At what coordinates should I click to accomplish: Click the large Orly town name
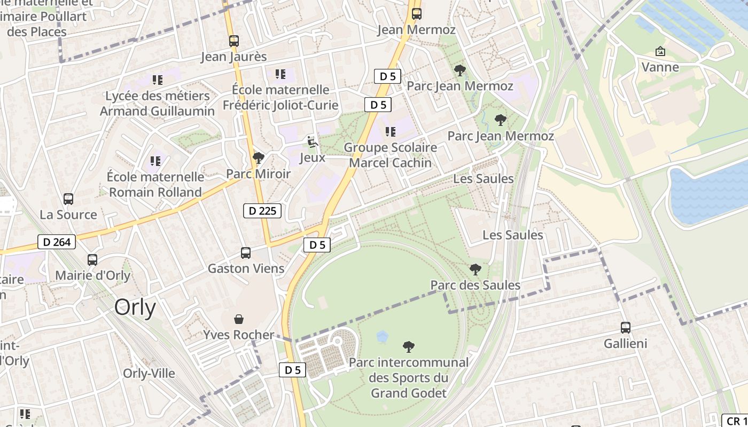click(x=135, y=307)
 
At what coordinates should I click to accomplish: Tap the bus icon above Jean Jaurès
click(x=233, y=41)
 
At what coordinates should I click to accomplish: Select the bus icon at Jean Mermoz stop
click(x=416, y=14)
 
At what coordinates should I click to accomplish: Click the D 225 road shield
click(x=262, y=211)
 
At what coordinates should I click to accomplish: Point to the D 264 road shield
click(x=57, y=242)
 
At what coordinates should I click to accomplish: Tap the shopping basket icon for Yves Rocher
click(x=239, y=319)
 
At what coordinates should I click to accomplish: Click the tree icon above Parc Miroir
click(x=258, y=158)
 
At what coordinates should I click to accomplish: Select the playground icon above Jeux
click(x=313, y=142)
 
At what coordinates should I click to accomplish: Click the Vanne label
click(x=660, y=67)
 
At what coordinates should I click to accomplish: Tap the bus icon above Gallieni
click(x=626, y=328)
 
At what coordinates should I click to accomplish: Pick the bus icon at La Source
click(x=68, y=199)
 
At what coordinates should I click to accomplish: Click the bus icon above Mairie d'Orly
click(x=92, y=260)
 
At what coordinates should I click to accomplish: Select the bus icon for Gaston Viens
click(x=246, y=253)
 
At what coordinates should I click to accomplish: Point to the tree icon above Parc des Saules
click(x=475, y=270)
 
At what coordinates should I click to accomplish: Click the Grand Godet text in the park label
click(x=409, y=393)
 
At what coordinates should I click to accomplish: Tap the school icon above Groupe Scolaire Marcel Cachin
click(x=391, y=131)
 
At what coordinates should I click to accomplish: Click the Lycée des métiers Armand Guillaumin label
click(x=158, y=104)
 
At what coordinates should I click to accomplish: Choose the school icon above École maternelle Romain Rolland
click(x=155, y=161)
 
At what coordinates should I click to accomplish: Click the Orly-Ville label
click(x=149, y=373)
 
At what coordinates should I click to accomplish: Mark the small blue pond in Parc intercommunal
click(x=382, y=336)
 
